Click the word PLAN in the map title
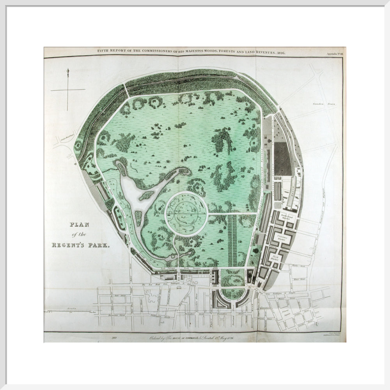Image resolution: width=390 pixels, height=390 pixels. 79,225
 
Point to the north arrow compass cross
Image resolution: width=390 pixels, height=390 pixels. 68,90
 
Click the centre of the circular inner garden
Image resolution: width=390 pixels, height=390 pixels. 186,213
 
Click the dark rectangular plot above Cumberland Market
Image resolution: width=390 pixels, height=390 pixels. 282,158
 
